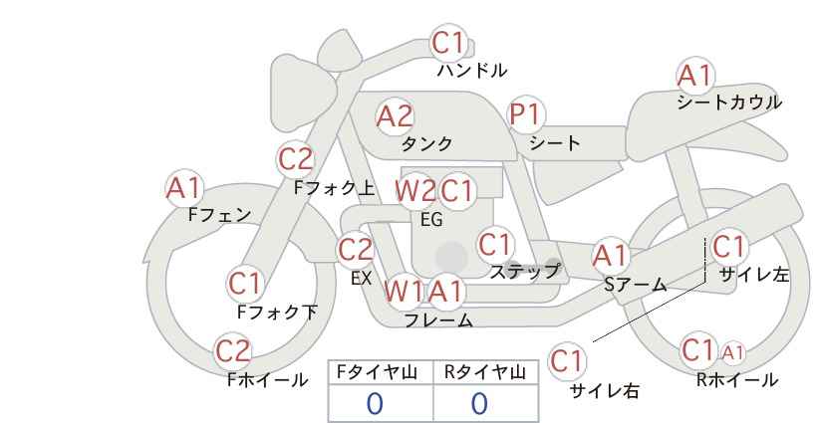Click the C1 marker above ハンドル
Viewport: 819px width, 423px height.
[448, 43]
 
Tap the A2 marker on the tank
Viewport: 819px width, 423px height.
[395, 116]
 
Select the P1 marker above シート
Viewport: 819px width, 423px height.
[526, 114]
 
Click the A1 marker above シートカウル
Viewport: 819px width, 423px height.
[695, 76]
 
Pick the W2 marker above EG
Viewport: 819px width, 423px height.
[415, 191]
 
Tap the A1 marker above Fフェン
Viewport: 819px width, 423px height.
[184, 188]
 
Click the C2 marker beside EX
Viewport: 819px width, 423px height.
[355, 250]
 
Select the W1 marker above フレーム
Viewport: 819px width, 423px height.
[404, 291]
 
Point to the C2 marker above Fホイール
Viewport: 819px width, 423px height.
[233, 350]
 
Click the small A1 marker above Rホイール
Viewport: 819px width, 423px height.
[732, 353]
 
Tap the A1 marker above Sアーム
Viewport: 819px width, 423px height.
[610, 256]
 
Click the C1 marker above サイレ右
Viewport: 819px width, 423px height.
[567, 361]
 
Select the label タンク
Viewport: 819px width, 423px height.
[426, 143]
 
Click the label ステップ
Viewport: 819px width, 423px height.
[524, 272]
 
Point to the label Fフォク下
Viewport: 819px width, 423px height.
[277, 312]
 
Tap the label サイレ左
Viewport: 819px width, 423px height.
[754, 275]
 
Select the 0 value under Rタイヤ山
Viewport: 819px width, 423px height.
[479, 403]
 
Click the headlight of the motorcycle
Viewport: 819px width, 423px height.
[303, 83]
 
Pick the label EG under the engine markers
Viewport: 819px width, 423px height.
[432, 220]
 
